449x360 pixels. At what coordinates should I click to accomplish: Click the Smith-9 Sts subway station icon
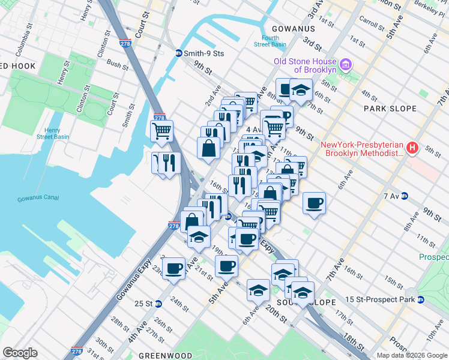pos(178,53)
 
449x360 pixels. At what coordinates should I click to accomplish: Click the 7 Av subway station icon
pos(405,196)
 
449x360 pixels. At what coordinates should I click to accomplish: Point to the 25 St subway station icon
pos(158,304)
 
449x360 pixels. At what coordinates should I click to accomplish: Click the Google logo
pos(20,353)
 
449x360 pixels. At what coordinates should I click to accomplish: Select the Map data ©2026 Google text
pos(412,355)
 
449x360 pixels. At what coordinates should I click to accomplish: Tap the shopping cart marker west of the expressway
pos(161,130)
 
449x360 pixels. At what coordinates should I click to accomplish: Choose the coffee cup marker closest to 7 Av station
pos(315,203)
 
